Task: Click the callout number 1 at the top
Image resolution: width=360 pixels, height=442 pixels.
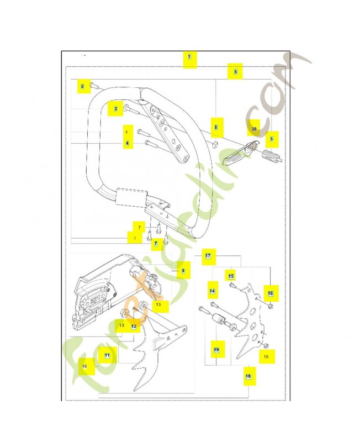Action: tap(189, 57)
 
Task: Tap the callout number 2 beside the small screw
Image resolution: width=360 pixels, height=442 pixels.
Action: tap(83, 86)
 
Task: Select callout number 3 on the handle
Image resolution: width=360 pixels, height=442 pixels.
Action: tap(115, 109)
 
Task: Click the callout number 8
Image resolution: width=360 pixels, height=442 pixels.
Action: tap(235, 71)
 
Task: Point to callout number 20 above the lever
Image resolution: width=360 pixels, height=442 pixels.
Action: tap(253, 128)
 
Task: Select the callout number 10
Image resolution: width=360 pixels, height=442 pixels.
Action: tap(86, 366)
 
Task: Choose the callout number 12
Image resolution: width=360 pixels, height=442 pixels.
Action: tap(134, 327)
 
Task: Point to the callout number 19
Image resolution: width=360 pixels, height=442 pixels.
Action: tap(216, 350)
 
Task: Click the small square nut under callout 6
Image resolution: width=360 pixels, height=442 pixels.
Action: tap(215, 144)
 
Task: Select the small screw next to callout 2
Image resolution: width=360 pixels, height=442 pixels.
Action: tap(95, 86)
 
